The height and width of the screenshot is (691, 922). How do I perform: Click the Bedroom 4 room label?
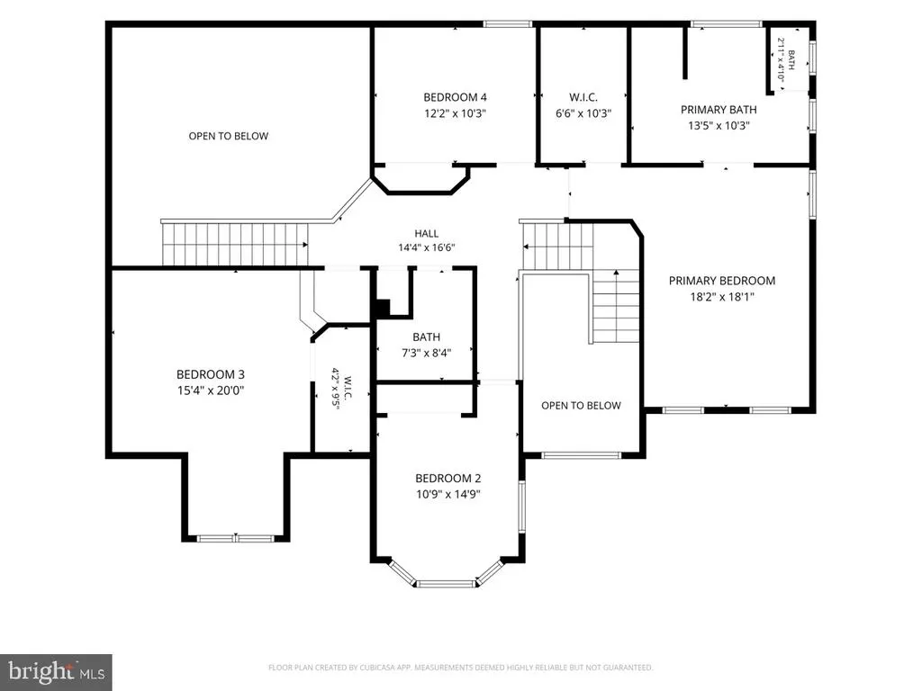click(455, 97)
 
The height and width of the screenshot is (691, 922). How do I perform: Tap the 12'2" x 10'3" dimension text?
click(455, 113)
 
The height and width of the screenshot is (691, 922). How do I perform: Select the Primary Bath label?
click(719, 109)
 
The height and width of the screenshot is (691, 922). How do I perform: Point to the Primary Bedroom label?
click(722, 281)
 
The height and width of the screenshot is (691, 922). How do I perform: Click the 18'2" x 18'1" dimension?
click(722, 297)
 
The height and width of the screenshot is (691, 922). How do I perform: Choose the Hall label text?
click(426, 233)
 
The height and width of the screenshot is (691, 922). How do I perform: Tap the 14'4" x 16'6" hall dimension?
click(426, 248)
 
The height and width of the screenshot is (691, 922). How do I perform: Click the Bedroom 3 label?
click(211, 374)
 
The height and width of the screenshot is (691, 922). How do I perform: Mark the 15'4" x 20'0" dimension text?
click(211, 390)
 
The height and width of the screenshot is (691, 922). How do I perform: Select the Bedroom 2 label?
click(448, 479)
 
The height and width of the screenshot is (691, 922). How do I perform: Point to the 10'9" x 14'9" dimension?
click(448, 494)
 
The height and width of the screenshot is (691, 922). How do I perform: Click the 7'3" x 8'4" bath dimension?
click(426, 353)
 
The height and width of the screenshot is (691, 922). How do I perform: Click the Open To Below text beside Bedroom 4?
click(228, 137)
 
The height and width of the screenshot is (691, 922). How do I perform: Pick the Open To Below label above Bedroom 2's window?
click(581, 406)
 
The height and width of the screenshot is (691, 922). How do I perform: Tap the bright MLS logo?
click(56, 672)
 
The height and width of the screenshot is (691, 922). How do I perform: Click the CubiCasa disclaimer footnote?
click(460, 668)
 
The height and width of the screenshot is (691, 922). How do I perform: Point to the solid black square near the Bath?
click(382, 308)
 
